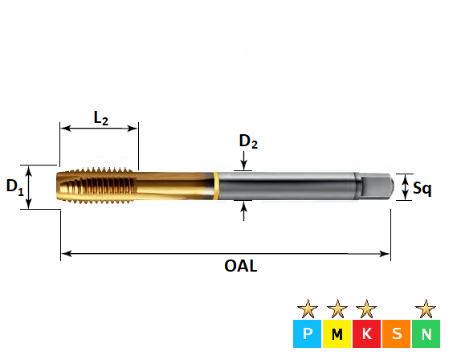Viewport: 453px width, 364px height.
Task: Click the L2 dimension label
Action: point(100,118)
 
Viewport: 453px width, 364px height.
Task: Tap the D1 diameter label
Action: point(14,187)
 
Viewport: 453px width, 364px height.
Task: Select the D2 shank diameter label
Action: point(248,142)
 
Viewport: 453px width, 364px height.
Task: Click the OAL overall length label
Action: point(240,265)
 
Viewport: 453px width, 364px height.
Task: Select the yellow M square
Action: point(337,333)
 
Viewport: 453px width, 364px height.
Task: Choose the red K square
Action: point(366,333)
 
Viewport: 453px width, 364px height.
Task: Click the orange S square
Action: point(396,333)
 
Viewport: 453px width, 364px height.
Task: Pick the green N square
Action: point(426,333)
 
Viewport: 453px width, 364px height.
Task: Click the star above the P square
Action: point(308,308)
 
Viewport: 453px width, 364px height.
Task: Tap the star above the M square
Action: point(337,308)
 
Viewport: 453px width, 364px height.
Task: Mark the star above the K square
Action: point(366,308)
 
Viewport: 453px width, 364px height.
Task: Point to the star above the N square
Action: point(426,308)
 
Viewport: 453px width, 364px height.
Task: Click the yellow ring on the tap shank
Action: point(217,186)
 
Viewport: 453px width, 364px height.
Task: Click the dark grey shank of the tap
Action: point(289,186)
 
